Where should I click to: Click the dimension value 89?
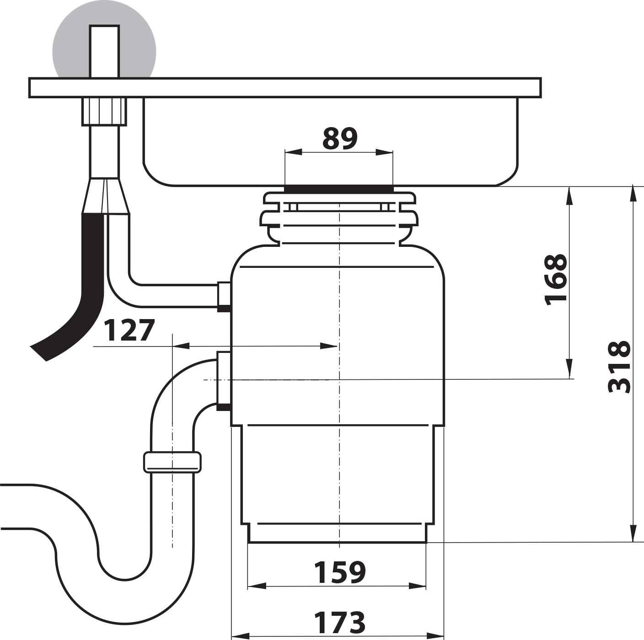click(340, 139)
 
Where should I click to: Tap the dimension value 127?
click(129, 330)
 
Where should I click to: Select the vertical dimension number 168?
click(556, 280)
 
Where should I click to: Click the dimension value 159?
click(340, 573)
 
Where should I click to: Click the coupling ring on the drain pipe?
click(172, 463)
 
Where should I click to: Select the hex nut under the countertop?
click(104, 112)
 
